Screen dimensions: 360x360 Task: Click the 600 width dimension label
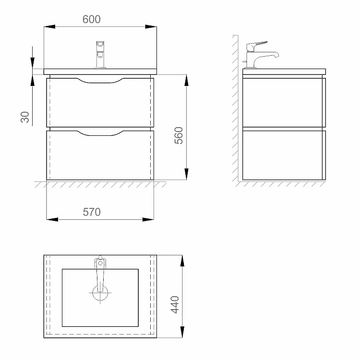pyautogui.click(x=91, y=19)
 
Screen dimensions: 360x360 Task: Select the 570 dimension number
pyautogui.click(x=92, y=212)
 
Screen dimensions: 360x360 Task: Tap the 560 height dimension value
pyautogui.click(x=179, y=135)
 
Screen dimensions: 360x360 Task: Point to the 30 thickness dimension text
pyautogui.click(x=25, y=117)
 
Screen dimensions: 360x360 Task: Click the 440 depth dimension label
pyautogui.click(x=175, y=305)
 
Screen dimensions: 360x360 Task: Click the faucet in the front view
pyautogui.click(x=100, y=55)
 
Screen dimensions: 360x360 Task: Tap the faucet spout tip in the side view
pyautogui.click(x=277, y=55)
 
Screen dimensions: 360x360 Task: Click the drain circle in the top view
pyautogui.click(x=100, y=293)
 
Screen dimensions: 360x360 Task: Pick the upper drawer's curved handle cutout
pyautogui.click(x=100, y=81)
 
